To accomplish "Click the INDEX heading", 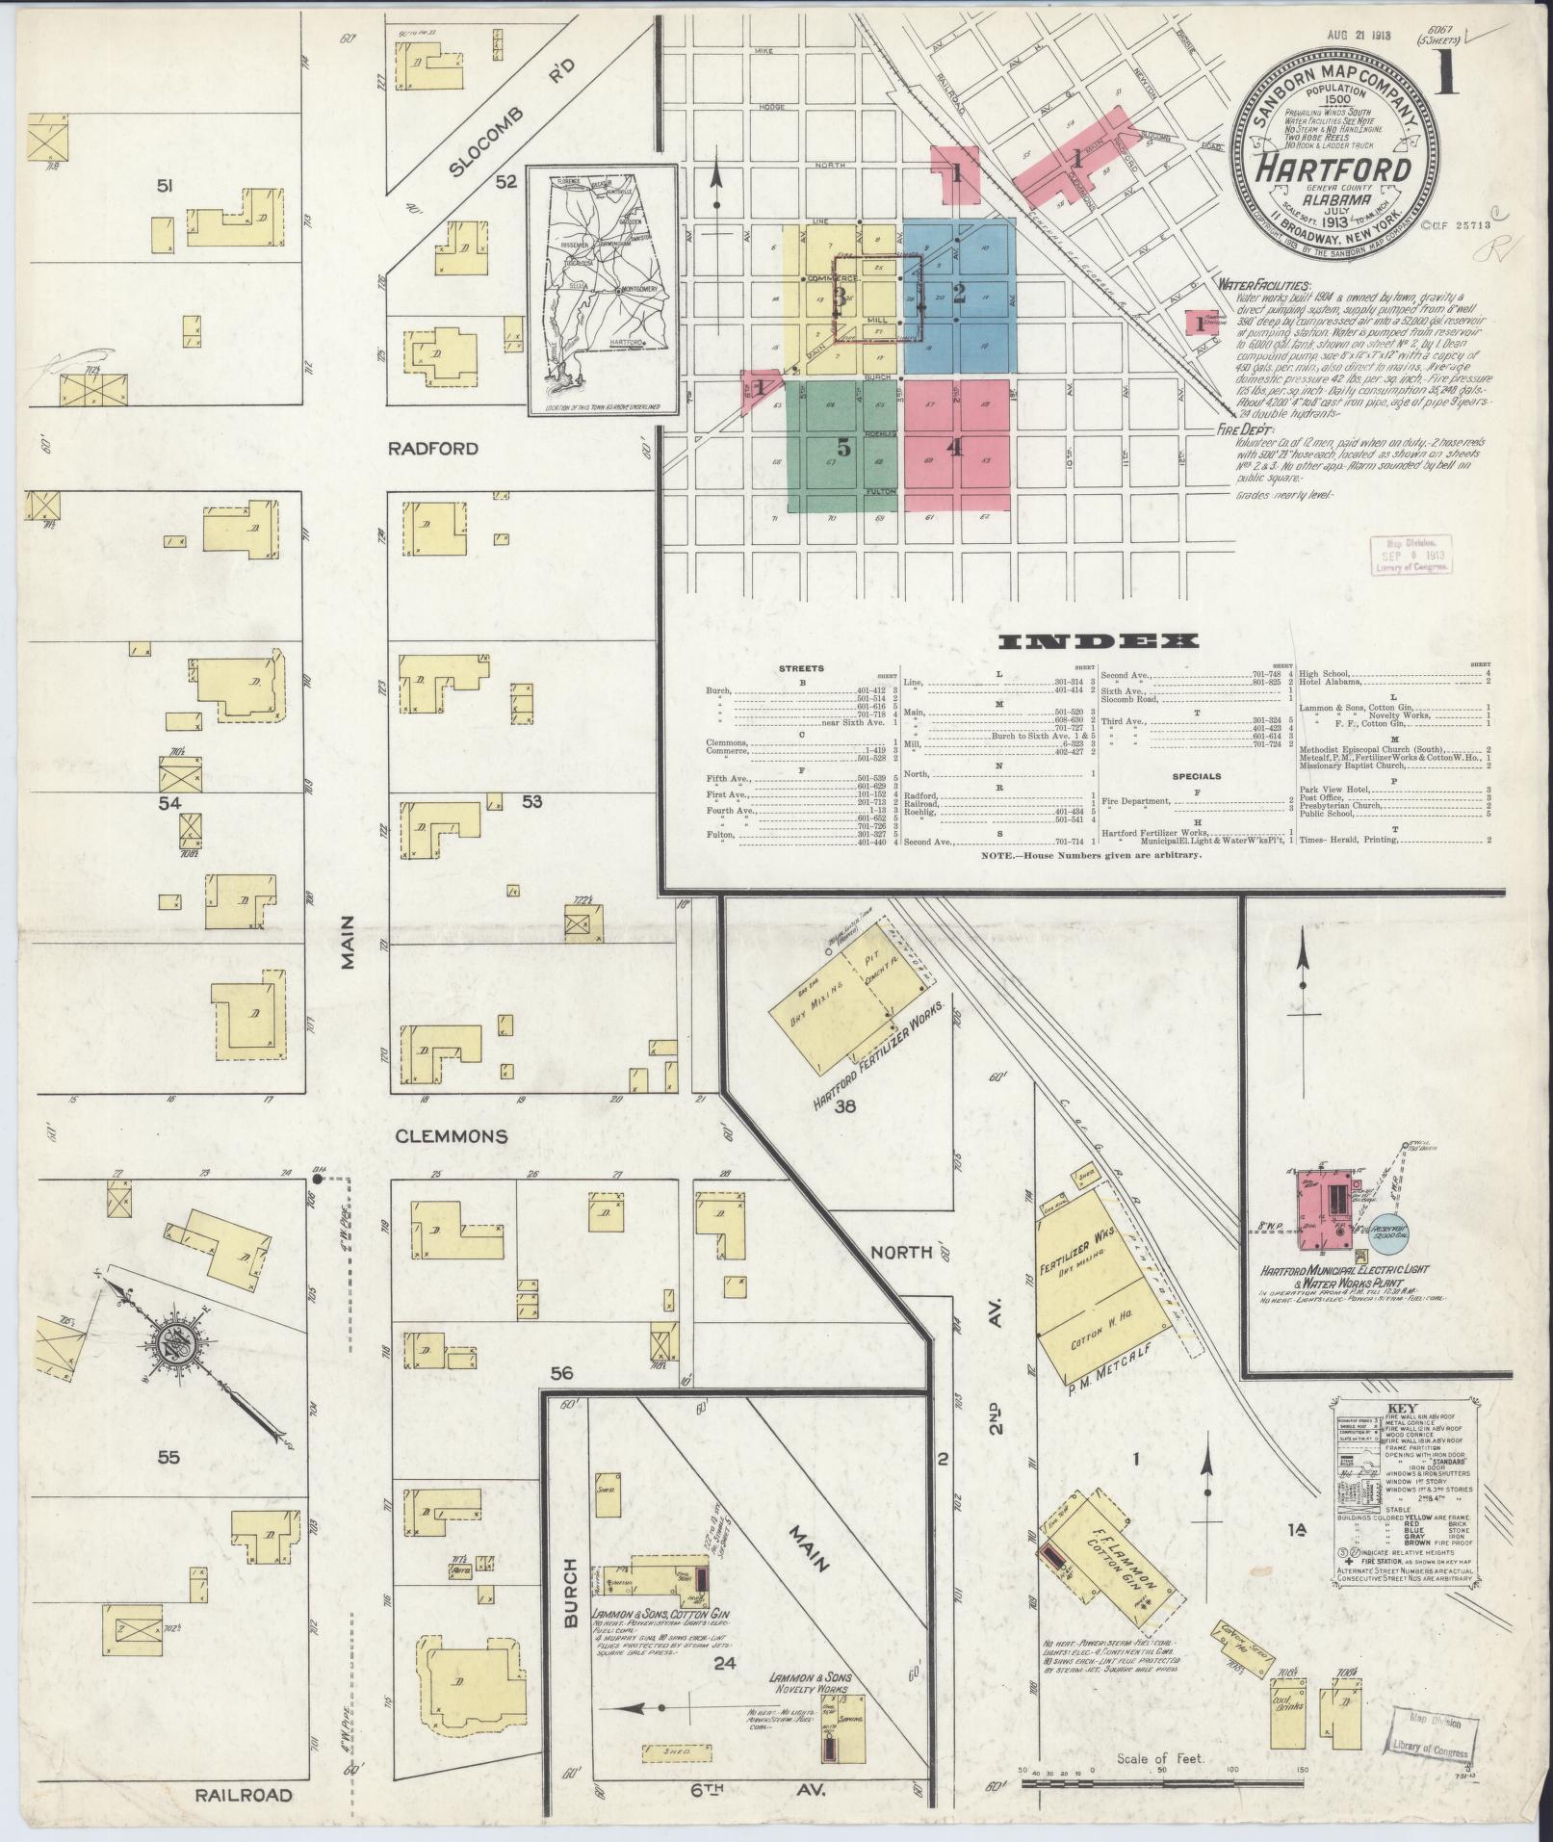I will (x=1098, y=641).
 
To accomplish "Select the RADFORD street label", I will (x=434, y=449).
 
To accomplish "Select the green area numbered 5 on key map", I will (x=843, y=448).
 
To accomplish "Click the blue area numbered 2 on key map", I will (x=959, y=292).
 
